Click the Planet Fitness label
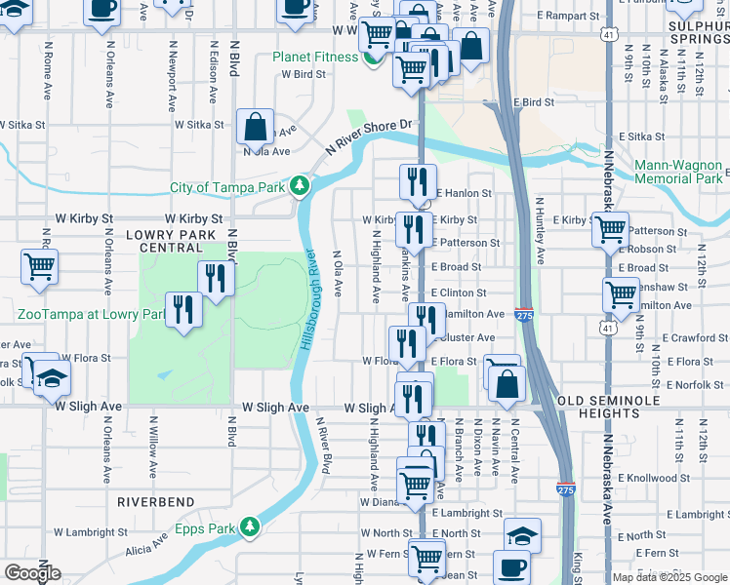click(x=315, y=57)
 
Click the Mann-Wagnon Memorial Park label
click(x=679, y=172)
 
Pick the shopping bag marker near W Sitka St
click(x=254, y=127)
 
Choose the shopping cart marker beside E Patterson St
click(x=611, y=230)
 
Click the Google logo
click(x=32, y=573)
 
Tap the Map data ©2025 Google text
click(x=669, y=577)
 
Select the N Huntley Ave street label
click(x=539, y=231)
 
